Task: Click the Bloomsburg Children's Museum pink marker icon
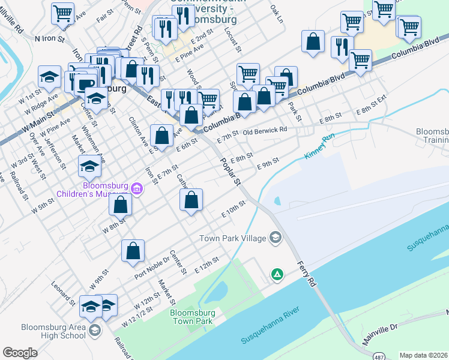(137, 190)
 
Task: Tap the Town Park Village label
(232, 238)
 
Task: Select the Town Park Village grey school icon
(276, 238)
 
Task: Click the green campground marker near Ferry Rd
(277, 275)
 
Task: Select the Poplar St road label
(230, 171)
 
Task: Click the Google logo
(20, 352)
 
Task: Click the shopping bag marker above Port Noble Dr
(133, 251)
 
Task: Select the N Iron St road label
(53, 38)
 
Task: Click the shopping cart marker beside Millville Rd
(62, 13)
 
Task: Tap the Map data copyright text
(423, 355)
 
